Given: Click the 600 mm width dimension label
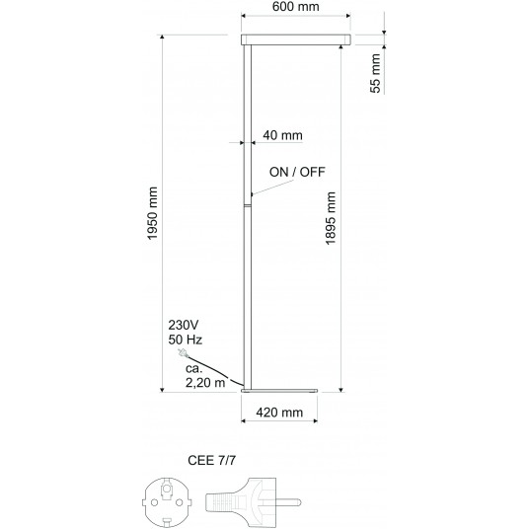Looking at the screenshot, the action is click(x=295, y=7).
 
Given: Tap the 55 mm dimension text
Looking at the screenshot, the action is click(x=375, y=73).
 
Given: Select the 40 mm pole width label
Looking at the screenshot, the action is click(x=282, y=135).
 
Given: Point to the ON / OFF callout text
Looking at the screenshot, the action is click(x=297, y=172).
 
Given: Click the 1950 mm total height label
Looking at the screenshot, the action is click(x=153, y=213).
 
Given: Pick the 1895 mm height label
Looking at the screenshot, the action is click(x=331, y=218).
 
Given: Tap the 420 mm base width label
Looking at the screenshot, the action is click(x=279, y=413).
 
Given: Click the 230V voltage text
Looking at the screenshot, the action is click(x=184, y=326).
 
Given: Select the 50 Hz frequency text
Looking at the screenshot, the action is click(x=186, y=340).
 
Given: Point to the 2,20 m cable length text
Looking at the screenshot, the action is click(x=205, y=383).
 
